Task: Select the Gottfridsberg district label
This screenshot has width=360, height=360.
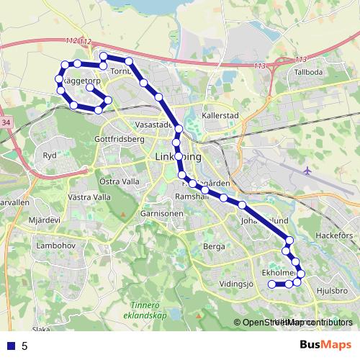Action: pos(120,138)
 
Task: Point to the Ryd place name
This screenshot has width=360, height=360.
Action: pos(50,155)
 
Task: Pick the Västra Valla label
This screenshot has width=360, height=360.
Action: pos(89,197)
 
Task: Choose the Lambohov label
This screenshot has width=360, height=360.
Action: pos(55,246)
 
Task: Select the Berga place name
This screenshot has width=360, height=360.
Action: pos(215,246)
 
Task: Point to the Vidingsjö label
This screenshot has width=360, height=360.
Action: pos(238,284)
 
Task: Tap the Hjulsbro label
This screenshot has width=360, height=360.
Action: pos(332,290)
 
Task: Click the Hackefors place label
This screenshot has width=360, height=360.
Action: pos(334,235)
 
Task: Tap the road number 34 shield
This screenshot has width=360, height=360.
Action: pos(6,123)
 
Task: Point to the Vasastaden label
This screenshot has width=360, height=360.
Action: pos(153,124)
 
